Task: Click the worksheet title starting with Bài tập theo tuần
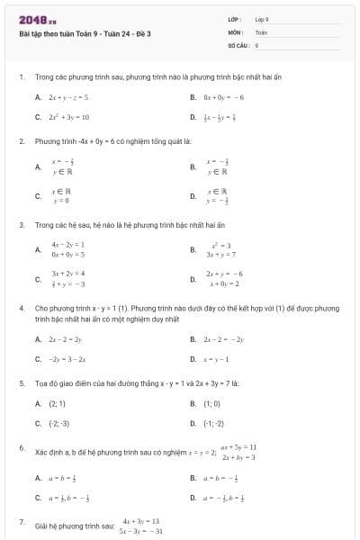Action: (85, 33)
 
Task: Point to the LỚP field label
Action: (234, 19)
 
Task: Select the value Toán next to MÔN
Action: (261, 31)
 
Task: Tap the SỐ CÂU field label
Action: (238, 43)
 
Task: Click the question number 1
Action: (21, 78)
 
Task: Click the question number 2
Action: (21, 141)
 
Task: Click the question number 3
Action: (21, 223)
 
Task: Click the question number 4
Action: (21, 308)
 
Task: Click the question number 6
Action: (21, 447)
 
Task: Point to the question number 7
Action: (21, 522)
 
